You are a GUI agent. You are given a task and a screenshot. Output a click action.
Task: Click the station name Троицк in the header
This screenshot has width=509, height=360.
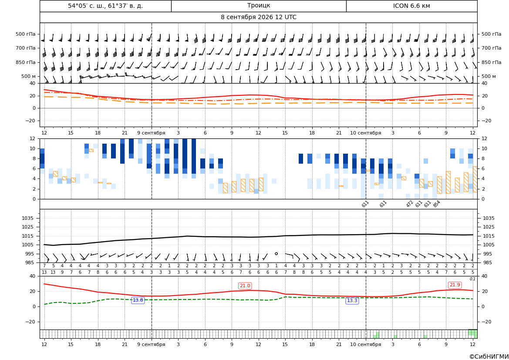pyautogui.click(x=258, y=6)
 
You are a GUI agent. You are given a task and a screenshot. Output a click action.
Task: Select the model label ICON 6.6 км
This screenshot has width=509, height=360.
pyautogui.click(x=411, y=6)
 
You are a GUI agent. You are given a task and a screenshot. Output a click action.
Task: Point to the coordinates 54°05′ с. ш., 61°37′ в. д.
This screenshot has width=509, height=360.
pyautogui.click(x=105, y=6)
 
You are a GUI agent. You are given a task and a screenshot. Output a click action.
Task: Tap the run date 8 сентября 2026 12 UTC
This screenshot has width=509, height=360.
pyautogui.click(x=258, y=17)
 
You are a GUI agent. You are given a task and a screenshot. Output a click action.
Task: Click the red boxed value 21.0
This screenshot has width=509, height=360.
pyautogui.click(x=245, y=286)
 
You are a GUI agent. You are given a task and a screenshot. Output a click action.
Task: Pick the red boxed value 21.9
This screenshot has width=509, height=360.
pyautogui.click(x=455, y=285)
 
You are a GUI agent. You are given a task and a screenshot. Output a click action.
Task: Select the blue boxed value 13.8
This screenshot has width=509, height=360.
pyautogui.click(x=138, y=300)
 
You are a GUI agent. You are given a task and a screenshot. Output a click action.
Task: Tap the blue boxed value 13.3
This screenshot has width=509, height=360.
pyautogui.click(x=352, y=301)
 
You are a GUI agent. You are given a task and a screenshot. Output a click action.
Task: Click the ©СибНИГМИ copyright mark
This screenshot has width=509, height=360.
pyautogui.click(x=489, y=357)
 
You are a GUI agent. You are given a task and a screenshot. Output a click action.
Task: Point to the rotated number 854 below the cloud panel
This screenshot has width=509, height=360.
pyautogui.click(x=436, y=204)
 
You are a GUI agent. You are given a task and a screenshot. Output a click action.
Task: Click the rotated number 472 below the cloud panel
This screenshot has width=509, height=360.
pyautogui.click(x=410, y=204)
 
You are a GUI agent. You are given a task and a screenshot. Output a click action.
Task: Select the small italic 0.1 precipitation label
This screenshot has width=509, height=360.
pyautogui.click(x=472, y=279)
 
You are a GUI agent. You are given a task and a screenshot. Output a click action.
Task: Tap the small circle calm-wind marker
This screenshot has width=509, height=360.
pyautogui.click(x=276, y=253)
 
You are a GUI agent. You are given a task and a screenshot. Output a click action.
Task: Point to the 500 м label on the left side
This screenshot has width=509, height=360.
pyautogui.click(x=28, y=76)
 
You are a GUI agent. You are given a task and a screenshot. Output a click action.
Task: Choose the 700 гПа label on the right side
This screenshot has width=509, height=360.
pyautogui.click(x=491, y=48)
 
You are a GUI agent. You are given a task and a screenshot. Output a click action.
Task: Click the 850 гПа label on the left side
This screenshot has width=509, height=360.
pyautogui.click(x=26, y=62)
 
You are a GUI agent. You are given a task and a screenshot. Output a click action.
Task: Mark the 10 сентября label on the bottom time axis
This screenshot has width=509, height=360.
pyautogui.click(x=365, y=344)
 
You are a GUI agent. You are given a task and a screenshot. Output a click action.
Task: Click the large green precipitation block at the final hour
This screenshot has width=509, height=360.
pyautogui.click(x=473, y=333)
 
